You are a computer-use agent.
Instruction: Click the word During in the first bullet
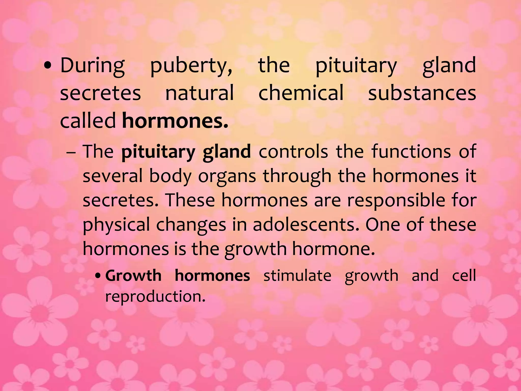(93, 66)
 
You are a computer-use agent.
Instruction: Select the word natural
(199, 93)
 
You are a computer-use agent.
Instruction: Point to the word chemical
(301, 93)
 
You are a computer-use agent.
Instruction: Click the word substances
(422, 93)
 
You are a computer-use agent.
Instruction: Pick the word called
(88, 120)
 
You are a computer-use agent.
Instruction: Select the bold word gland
(227, 152)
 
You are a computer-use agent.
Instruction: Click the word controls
(293, 152)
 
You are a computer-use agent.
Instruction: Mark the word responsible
(396, 201)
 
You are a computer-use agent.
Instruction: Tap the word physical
(116, 225)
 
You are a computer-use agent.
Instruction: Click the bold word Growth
(133, 276)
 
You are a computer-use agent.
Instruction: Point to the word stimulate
(297, 276)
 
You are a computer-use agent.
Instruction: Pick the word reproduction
(155, 297)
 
